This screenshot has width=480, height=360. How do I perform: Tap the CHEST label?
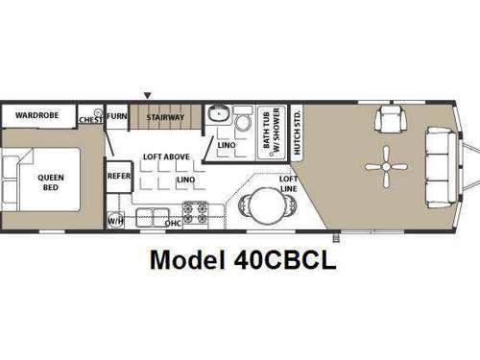(x=91, y=119)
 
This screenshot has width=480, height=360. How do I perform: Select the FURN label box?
(x=116, y=117)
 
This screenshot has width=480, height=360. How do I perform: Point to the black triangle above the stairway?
(x=147, y=94)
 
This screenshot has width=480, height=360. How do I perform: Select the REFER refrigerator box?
(x=118, y=176)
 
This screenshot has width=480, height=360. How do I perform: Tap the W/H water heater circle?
(x=115, y=220)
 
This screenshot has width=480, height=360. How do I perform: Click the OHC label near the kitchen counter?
(x=173, y=224)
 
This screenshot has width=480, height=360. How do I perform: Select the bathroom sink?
(x=218, y=113)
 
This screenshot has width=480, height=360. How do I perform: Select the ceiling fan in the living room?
(x=384, y=166)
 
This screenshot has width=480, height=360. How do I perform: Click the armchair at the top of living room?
(x=391, y=120)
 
